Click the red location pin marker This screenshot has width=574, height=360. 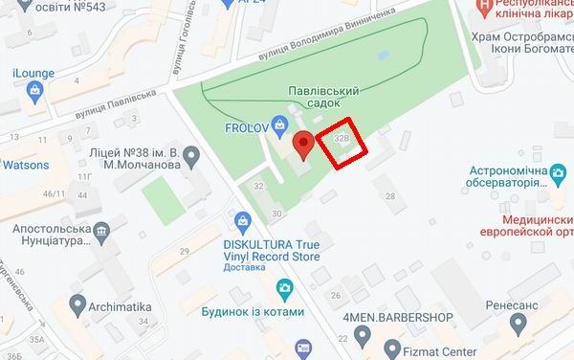coord(303,146)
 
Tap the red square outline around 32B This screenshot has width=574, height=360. coord(342,145)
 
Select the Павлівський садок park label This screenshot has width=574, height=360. coord(323,98)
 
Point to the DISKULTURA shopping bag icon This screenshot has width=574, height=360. coord(242,222)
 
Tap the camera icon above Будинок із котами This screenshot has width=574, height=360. coord(284,288)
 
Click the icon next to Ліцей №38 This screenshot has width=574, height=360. coord(191,155)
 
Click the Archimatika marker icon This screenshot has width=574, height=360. coord(78,305)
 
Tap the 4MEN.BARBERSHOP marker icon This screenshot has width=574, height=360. coord(362,335)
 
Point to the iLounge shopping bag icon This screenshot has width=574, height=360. coord(35,92)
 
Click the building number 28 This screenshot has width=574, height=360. coord(390,196)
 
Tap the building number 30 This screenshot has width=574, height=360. coord(277,213)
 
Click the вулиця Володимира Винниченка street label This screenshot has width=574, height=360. coord(336,37)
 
